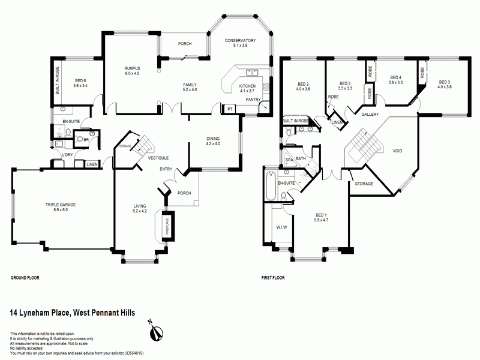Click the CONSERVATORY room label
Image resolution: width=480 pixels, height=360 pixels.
pos(240,40)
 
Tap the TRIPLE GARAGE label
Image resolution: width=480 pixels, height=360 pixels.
pos(61,205)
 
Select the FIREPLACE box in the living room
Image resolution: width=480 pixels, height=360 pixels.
pos(168,226)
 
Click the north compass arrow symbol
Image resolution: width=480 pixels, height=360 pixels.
pos(156,332)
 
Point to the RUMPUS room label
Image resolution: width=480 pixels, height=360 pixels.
pos(132,68)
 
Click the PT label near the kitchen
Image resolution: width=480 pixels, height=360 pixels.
pos(230,109)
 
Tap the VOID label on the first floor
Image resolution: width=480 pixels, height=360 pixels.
pos(397,151)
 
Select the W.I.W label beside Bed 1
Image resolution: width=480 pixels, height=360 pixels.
pos(281,227)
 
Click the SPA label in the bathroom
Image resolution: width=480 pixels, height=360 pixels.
pos(289,160)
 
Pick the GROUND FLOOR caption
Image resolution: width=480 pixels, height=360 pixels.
pos(25,278)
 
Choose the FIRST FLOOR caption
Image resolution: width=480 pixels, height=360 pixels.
pos(273,278)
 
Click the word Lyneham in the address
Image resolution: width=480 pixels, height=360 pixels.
pos(34,313)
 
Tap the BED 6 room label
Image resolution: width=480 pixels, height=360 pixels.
pos(80,81)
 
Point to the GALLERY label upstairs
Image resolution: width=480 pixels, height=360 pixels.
pos(370,115)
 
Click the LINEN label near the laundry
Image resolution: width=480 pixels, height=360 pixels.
pos(92,164)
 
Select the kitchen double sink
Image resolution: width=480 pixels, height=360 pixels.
pos(252,73)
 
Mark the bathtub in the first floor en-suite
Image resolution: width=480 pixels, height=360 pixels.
pos(271,186)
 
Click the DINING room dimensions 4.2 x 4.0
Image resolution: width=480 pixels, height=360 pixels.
pos(213,143)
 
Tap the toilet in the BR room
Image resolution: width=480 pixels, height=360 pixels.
pos(79,139)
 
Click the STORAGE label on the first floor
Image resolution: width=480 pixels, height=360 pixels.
pos(364,184)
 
